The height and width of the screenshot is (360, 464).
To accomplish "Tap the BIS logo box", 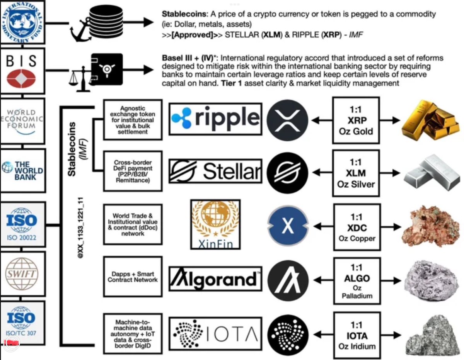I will tap(22, 71).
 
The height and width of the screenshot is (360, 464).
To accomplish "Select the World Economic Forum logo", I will tap(22, 121).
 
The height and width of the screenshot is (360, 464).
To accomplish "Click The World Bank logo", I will tap(22, 171).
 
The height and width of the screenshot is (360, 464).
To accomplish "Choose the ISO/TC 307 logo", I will tap(22, 323).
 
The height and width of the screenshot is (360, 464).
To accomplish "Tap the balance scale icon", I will tap(78, 78).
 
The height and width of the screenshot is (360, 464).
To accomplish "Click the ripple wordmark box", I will tap(215, 118).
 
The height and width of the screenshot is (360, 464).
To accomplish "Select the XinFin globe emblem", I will tap(215, 219).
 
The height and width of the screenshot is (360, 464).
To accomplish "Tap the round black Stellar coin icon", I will tap(288, 171).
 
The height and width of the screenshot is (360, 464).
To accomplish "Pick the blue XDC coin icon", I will tap(288, 226).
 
